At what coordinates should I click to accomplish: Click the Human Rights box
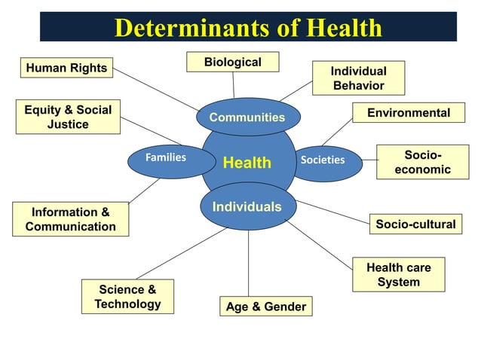pyautogui.click(x=66, y=69)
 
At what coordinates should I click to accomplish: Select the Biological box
pyautogui.click(x=232, y=62)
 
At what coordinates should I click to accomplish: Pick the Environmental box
pyautogui.click(x=408, y=113)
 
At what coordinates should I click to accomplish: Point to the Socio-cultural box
pyautogui.click(x=415, y=224)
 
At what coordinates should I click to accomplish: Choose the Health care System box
pyautogui.click(x=398, y=275)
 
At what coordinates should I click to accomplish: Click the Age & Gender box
pyautogui.click(x=265, y=307)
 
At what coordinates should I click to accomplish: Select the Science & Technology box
pyautogui.click(x=127, y=297)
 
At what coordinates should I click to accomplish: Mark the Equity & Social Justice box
pyautogui.click(x=67, y=117)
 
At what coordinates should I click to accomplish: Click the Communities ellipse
pyautogui.click(x=247, y=117)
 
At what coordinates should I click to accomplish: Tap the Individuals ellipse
pyautogui.click(x=247, y=206)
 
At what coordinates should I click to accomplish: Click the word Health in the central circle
pyautogui.click(x=247, y=163)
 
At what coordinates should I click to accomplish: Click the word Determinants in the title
pyautogui.click(x=191, y=29)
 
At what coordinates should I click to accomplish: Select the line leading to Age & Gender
pyautogui.click(x=249, y=264)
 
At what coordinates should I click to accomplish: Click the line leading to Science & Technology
pyautogui.click(x=181, y=254)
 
